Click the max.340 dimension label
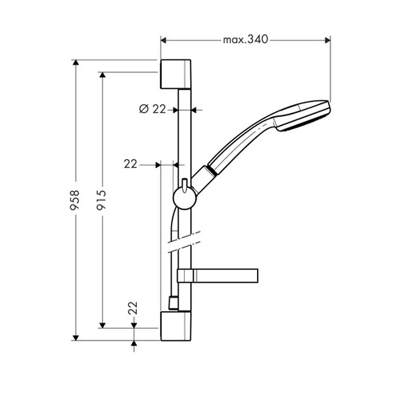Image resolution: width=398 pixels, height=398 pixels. (245, 40)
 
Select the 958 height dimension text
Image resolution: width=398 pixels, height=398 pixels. (75, 200)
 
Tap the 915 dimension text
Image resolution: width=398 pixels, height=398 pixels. (101, 200)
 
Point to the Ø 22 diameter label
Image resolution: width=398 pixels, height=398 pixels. (153, 109)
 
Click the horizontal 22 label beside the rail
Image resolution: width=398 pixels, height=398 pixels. (131, 164)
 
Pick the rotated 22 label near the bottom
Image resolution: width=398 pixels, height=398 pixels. (133, 308)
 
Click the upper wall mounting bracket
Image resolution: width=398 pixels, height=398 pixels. (176, 74)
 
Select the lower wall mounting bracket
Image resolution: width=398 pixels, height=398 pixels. (176, 326)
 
